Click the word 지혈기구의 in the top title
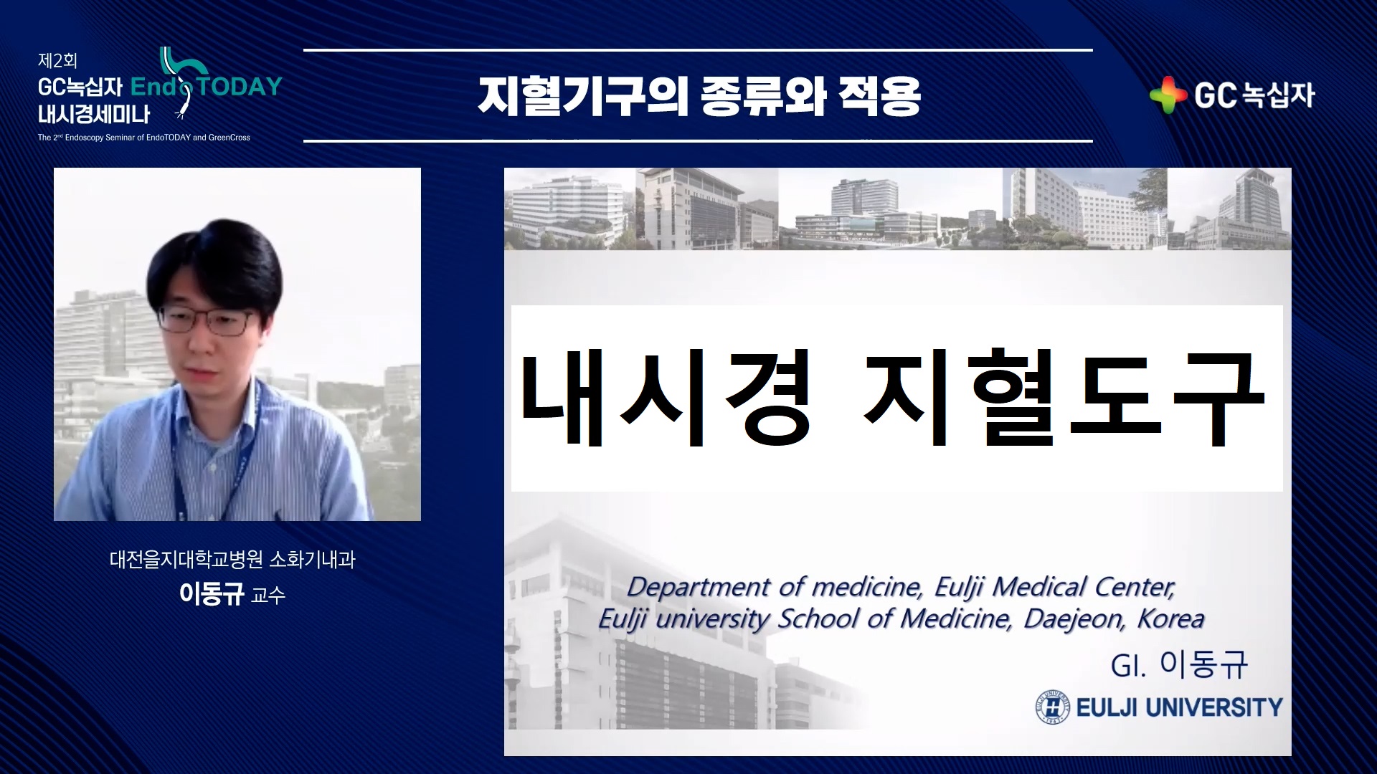(582, 97)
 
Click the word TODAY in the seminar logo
(239, 87)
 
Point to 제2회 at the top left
(57, 61)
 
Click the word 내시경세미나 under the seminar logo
(94, 114)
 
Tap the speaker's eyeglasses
(205, 320)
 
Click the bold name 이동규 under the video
(212, 593)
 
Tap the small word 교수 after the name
(268, 595)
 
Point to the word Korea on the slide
(1171, 618)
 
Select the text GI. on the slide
(1128, 666)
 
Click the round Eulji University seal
(1052, 707)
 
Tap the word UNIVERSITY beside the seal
(1214, 707)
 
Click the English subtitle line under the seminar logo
(144, 138)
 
